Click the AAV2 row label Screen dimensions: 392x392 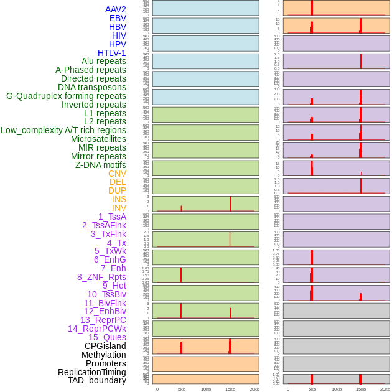pyautogui.click(x=116, y=9)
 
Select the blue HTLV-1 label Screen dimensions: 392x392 pyautogui.click(x=112, y=53)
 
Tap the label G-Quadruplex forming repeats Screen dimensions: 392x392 pyautogui.click(x=66, y=96)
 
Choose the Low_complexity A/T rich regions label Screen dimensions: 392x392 pyautogui.click(x=63, y=130)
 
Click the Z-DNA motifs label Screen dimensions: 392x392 pyautogui.click(x=101, y=165)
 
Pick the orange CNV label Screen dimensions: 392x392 pyautogui.click(x=117, y=174)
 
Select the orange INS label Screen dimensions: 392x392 pyautogui.click(x=119, y=199)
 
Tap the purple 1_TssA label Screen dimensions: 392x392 pyautogui.click(x=112, y=217)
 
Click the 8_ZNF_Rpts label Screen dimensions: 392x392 pyautogui.click(x=101, y=277)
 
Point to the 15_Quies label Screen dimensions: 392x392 pyautogui.click(x=106, y=337)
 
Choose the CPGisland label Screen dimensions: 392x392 pyautogui.click(x=105, y=346)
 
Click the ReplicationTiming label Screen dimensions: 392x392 pyautogui.click(x=92, y=372)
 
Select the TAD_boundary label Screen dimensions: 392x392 pyautogui.click(x=97, y=380)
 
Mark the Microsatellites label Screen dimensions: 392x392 pyautogui.click(x=98, y=139)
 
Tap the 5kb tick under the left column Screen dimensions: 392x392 pyautogui.click(x=182, y=389)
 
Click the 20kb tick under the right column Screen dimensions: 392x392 pyautogui.click(x=385, y=389)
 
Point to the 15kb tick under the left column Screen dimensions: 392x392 pyautogui.click(x=230, y=389)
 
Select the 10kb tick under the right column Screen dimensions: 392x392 pyautogui.click(x=337, y=389)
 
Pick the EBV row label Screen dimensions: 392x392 pyautogui.click(x=118, y=18)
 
